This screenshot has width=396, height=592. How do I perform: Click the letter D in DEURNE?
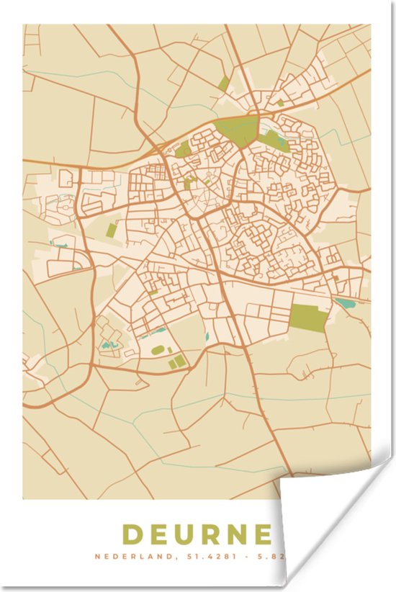coord(132,535)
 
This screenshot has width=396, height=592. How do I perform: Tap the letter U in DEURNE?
coord(186,535)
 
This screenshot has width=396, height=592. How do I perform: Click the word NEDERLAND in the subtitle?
coord(132,557)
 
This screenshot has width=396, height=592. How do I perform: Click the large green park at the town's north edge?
coord(238,130)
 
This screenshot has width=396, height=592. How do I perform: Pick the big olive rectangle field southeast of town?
coord(308,318)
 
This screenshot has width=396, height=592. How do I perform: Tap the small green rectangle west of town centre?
coord(112,230)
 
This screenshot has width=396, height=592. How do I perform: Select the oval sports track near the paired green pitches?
coord(158,350)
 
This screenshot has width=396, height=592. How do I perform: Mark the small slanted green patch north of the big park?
coord(224,84)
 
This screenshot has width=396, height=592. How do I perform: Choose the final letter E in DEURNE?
coord(264,535)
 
